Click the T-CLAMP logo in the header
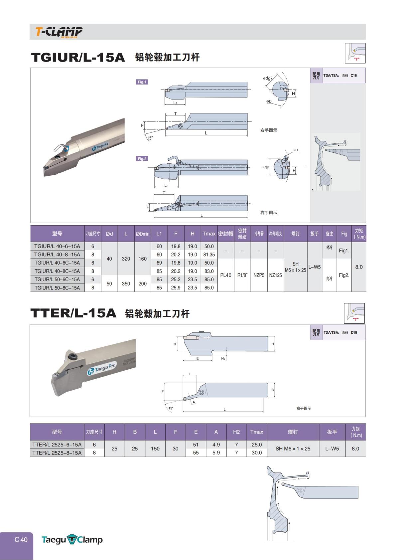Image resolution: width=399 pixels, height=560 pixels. (x=59, y=32)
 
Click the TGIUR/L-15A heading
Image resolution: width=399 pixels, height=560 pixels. (x=78, y=57)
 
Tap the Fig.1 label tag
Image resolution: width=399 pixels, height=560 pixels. (x=142, y=82)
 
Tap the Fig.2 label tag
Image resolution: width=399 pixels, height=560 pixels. (x=142, y=159)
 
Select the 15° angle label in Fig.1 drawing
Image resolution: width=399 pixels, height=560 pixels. (x=150, y=138)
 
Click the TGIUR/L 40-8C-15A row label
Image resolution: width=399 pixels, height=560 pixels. (x=57, y=271)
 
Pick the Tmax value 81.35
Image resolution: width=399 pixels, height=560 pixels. (x=209, y=255)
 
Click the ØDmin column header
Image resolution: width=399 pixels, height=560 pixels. (x=142, y=234)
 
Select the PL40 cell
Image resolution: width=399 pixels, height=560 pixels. (x=225, y=275)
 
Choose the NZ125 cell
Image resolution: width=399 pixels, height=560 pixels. (x=275, y=275)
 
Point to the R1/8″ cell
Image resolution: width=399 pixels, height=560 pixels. (x=242, y=275)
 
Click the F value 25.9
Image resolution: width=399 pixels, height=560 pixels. (x=176, y=288)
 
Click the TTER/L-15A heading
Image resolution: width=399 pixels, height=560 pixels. (x=73, y=313)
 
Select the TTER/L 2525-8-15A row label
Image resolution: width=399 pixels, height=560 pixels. (x=57, y=453)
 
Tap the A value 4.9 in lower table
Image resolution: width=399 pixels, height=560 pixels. (x=216, y=445)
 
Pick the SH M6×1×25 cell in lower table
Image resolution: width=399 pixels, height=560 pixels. (x=293, y=449)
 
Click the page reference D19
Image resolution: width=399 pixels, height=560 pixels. (x=354, y=332)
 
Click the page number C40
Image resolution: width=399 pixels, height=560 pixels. (x=21, y=540)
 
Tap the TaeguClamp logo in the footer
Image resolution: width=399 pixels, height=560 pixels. (x=72, y=540)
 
